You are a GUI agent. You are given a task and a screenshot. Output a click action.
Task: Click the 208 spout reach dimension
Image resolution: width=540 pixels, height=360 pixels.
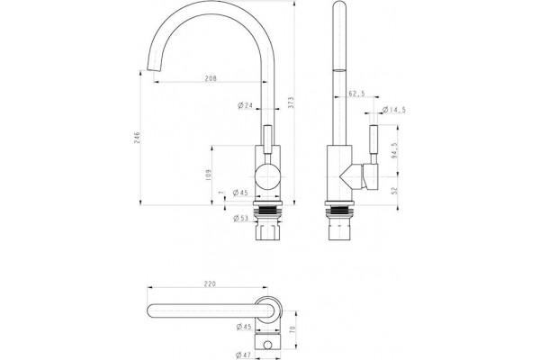click(211, 78)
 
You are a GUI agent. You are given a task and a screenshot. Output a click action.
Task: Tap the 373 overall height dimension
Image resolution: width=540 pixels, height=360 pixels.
click(291, 103)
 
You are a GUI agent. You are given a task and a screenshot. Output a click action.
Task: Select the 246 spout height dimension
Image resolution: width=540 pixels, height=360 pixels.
click(137, 138)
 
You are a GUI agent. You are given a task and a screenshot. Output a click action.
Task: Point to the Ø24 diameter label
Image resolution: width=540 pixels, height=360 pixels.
click(245, 105)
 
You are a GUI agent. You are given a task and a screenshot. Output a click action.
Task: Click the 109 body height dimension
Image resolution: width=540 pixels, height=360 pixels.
click(208, 175)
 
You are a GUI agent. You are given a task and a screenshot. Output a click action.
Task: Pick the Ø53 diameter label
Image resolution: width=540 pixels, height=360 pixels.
click(240, 218)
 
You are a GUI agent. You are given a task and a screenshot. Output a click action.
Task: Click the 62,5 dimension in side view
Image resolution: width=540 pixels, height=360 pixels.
click(356, 94)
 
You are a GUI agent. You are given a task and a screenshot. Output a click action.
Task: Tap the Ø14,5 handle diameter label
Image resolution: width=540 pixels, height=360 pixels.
click(394, 110)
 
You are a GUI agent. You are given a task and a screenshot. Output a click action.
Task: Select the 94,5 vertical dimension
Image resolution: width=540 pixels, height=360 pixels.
click(395, 150)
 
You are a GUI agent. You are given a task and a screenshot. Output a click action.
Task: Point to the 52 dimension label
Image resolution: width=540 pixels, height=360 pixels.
click(395, 191)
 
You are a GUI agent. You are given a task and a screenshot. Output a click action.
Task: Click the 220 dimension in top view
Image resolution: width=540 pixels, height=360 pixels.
click(210, 283)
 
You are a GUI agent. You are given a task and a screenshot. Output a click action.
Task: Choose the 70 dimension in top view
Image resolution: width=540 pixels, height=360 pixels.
click(292, 329)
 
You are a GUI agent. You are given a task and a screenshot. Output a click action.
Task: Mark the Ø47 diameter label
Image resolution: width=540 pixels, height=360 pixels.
click(244, 355)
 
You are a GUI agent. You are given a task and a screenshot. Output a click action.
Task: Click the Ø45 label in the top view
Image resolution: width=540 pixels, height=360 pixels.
click(244, 327)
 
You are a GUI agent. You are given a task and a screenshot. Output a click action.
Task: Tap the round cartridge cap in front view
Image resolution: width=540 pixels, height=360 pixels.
click(267, 176)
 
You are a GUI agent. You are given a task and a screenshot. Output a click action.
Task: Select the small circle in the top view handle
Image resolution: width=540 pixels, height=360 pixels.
click(267, 345)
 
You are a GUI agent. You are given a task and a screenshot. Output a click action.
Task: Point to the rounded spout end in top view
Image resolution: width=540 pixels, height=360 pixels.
click(150, 310)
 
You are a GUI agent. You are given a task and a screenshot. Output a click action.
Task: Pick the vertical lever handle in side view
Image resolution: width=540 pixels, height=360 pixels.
click(373, 144)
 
